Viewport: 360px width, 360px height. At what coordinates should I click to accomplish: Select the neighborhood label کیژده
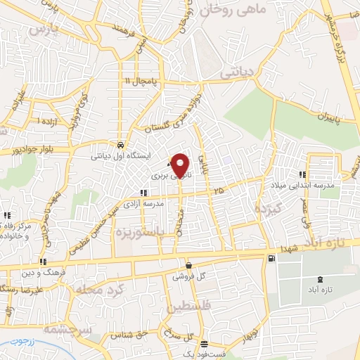point(269,209)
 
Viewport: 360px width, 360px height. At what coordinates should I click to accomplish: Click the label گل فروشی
point(188,276)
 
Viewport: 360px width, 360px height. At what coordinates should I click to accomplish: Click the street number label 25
point(219,191)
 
